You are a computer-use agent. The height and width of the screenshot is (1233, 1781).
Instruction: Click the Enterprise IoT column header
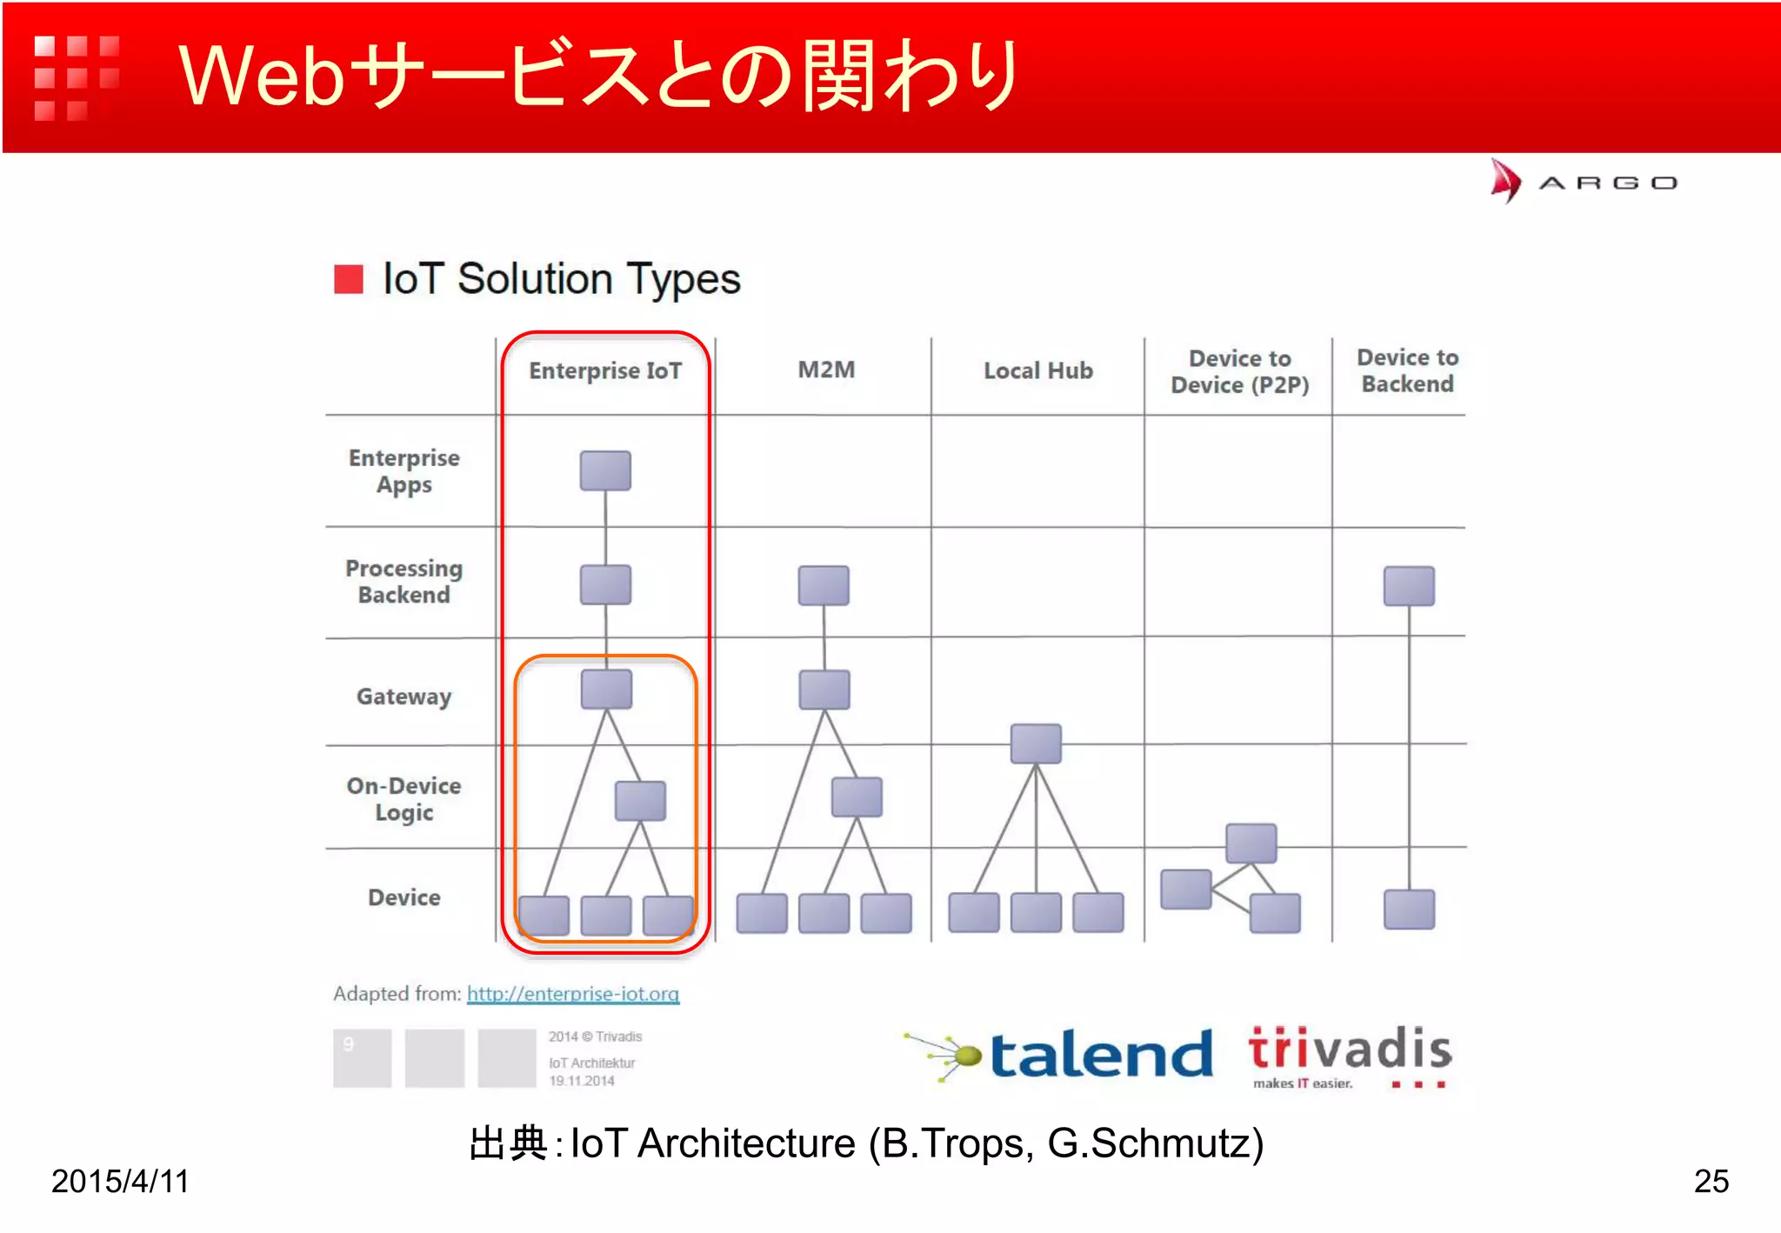pyautogui.click(x=605, y=371)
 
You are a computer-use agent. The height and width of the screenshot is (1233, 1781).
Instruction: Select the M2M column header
pyautogui.click(x=826, y=370)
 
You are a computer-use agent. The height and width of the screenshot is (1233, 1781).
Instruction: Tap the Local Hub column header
pyautogui.click(x=1037, y=371)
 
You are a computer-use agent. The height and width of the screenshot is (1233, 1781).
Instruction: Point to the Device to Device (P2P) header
pyautogui.click(x=1239, y=372)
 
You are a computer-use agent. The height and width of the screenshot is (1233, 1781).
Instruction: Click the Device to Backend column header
pyautogui.click(x=1407, y=371)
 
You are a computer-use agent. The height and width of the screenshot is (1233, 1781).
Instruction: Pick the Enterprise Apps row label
pyautogui.click(x=404, y=471)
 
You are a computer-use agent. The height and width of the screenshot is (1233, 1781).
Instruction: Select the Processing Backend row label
pyautogui.click(x=404, y=582)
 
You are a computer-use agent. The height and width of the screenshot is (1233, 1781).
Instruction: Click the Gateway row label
pyautogui.click(x=404, y=696)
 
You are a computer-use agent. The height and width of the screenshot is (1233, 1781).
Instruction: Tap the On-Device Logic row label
pyautogui.click(x=404, y=799)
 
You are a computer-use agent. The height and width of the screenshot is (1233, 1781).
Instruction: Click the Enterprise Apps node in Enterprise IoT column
pyautogui.click(x=605, y=470)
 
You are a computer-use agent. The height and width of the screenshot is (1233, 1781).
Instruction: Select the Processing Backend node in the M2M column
pyautogui.click(x=824, y=585)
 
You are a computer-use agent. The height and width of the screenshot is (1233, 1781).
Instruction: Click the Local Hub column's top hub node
pyautogui.click(x=1036, y=743)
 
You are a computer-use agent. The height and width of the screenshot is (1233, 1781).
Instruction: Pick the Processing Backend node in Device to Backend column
pyautogui.click(x=1409, y=585)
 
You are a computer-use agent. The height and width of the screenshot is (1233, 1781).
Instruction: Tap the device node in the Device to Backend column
pyautogui.click(x=1409, y=910)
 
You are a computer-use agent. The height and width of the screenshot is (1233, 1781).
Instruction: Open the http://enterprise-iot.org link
pyautogui.click(x=573, y=994)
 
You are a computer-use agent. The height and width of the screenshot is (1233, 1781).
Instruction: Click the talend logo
pyautogui.click(x=1061, y=1055)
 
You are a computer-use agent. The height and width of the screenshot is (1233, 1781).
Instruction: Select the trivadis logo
pyautogui.click(x=1350, y=1055)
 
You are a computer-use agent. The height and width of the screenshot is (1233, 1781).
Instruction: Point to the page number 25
pyautogui.click(x=1711, y=1181)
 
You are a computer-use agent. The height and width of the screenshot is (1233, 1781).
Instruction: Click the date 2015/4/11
pyautogui.click(x=120, y=1181)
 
